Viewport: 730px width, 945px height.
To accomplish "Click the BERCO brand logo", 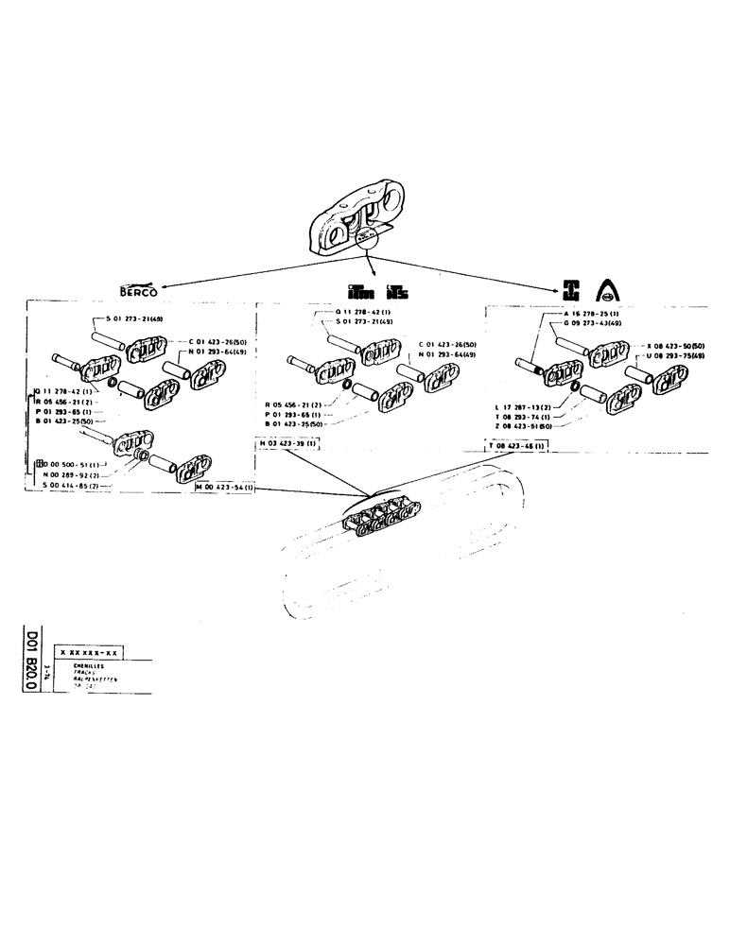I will point(138,289).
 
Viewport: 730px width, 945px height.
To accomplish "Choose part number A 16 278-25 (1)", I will point(589,314).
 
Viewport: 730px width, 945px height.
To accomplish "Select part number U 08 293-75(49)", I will point(674,357).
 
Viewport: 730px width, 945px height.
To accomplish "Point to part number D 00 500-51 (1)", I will point(70,464).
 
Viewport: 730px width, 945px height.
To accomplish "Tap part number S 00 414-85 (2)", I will point(72,485).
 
